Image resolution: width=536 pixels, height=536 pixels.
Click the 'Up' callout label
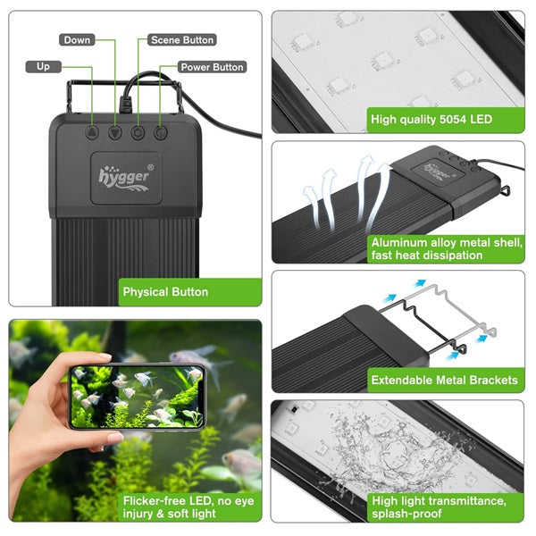[x=43, y=66]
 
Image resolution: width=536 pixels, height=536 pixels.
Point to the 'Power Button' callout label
[x=212, y=67]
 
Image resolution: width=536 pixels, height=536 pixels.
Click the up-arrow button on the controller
[x=92, y=132]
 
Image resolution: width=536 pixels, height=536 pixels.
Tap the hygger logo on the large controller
[x=125, y=175]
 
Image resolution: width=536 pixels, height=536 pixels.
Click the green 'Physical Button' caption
[x=165, y=292]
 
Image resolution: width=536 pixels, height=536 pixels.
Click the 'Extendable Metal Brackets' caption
[x=444, y=380]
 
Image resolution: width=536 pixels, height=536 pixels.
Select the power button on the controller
[x=161, y=132]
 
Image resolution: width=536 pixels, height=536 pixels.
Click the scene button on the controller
[x=138, y=132]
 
